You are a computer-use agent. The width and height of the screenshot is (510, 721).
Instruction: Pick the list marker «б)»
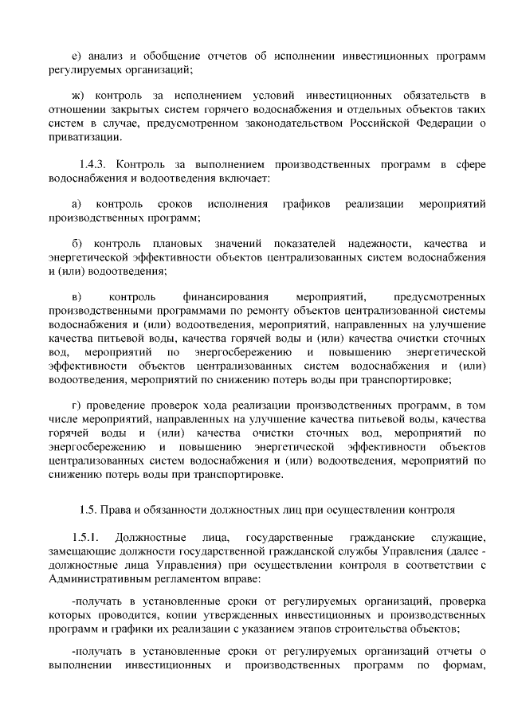tap(77, 242)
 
